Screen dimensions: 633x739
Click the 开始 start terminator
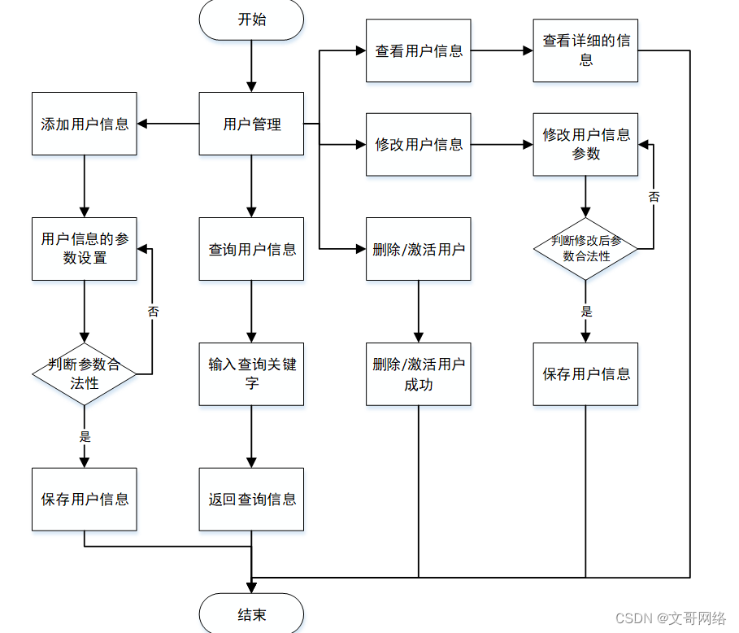coord(251,20)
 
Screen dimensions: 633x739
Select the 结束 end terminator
coord(251,614)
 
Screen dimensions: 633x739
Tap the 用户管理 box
coord(251,124)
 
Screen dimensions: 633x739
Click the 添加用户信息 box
coord(85,124)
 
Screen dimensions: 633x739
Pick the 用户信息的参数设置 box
coord(85,249)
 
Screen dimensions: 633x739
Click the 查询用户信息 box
coord(251,249)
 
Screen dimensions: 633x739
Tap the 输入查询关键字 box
coord(251,374)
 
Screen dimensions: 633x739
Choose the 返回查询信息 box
coord(251,500)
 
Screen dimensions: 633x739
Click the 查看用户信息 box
coord(418,50)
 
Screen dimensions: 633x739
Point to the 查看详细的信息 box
coord(585,50)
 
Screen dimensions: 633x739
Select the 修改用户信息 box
coord(418,145)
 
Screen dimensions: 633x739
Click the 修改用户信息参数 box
coord(585,145)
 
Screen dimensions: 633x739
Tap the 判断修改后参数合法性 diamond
coord(585,249)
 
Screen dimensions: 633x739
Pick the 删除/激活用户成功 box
coord(418,374)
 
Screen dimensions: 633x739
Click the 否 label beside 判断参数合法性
coord(153,312)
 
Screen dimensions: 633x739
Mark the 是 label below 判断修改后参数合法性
coord(586,312)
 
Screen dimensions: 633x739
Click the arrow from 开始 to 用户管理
coord(251,66)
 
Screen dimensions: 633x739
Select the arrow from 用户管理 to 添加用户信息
coord(168,124)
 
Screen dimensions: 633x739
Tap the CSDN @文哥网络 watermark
coord(670,619)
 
